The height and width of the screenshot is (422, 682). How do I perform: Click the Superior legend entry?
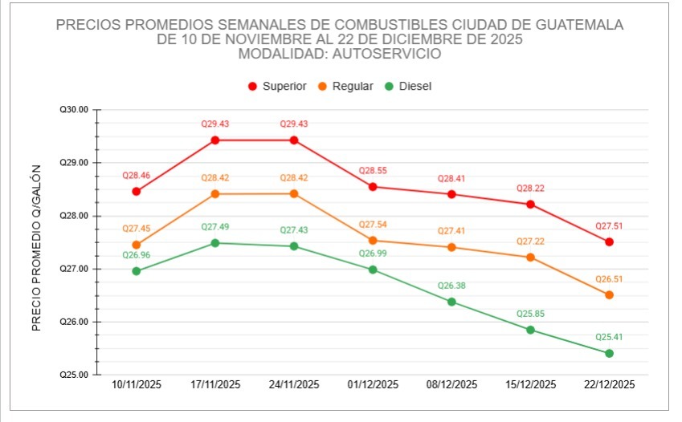click(x=277, y=86)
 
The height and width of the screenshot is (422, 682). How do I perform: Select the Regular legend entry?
click(x=345, y=86)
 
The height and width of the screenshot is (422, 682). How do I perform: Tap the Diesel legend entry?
click(x=409, y=86)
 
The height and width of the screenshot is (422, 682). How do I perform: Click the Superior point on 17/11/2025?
click(x=215, y=140)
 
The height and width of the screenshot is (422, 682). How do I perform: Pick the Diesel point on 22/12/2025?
click(x=609, y=353)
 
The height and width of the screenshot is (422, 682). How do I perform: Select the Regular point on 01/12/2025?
click(x=373, y=240)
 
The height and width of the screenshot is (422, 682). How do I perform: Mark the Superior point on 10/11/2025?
click(x=137, y=192)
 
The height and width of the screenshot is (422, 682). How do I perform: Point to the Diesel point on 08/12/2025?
click(x=451, y=302)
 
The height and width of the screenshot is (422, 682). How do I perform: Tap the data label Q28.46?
click(x=137, y=174)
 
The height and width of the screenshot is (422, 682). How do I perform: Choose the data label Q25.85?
click(x=530, y=314)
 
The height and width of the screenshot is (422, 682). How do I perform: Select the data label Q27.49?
click(x=215, y=227)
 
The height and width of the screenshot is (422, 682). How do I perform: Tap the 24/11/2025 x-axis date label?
click(x=294, y=384)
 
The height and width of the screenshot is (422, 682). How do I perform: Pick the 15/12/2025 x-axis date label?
click(x=530, y=384)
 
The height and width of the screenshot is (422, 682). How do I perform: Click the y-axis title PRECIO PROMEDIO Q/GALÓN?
click(x=35, y=249)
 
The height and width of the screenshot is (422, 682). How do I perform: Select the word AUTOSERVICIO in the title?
click(x=395, y=54)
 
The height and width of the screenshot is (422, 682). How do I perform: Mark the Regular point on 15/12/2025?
click(x=530, y=258)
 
